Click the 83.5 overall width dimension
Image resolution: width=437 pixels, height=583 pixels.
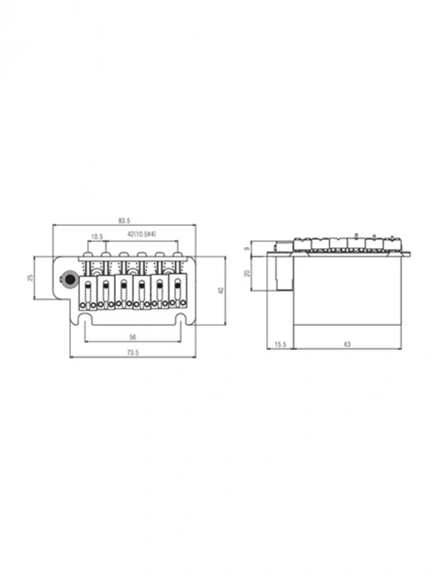pyautogui.click(x=124, y=221)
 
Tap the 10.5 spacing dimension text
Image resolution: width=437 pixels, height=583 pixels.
pyautogui.click(x=97, y=237)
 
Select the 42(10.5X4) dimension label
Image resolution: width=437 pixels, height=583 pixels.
pyautogui.click(x=142, y=234)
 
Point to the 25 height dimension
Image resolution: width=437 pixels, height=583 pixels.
pyautogui.click(x=31, y=277)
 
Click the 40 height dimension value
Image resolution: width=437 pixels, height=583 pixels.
pyautogui.click(x=222, y=290)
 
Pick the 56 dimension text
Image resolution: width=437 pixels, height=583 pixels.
pyautogui.click(x=132, y=337)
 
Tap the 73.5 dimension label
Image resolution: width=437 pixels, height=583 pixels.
pyautogui.click(x=132, y=352)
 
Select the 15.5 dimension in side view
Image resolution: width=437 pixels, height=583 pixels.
pyautogui.click(x=281, y=344)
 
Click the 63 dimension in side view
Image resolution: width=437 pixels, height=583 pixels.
pyautogui.click(x=347, y=344)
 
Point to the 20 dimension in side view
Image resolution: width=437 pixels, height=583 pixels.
pyautogui.click(x=246, y=273)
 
